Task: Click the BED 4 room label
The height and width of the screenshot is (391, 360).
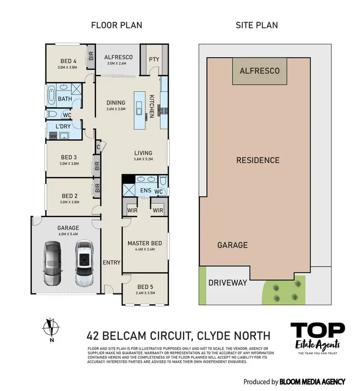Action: point(69,60)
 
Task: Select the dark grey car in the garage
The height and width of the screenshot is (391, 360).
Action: point(52,263)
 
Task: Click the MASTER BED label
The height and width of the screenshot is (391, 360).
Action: point(144,243)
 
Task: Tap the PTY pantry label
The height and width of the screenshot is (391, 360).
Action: point(154,59)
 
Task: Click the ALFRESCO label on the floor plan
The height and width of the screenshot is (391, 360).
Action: point(119,57)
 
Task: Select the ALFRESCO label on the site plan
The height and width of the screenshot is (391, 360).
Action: point(260,71)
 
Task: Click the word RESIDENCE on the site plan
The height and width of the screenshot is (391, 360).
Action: point(258,160)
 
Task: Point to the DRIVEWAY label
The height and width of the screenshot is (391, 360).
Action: point(228,283)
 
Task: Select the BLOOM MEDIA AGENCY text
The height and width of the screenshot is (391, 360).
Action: point(312,381)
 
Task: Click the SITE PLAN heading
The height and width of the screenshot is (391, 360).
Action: point(257,25)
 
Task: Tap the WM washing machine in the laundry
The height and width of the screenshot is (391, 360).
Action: point(52,136)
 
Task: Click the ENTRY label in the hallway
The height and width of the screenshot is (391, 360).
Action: point(111,262)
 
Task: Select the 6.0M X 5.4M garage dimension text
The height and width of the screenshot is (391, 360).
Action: point(68,235)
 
